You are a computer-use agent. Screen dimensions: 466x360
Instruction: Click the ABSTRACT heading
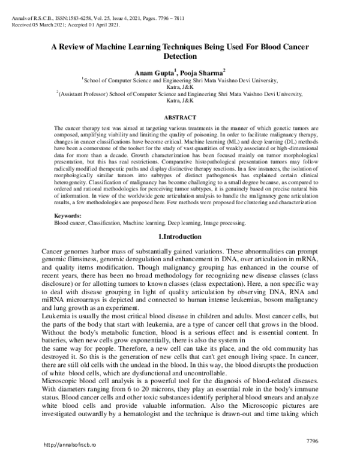point(180,118)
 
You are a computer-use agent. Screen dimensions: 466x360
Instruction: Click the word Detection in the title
point(180,56)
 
